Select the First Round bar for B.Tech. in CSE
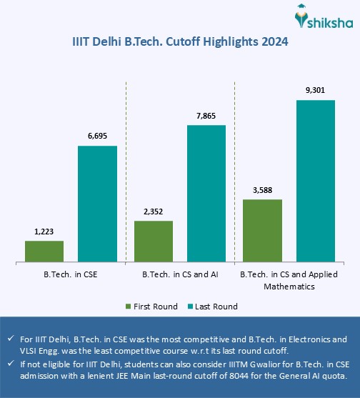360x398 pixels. [x=44, y=251]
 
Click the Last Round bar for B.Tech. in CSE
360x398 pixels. [x=97, y=203]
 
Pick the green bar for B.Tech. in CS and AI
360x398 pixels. [x=154, y=241]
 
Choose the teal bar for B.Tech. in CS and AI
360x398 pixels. [x=206, y=193]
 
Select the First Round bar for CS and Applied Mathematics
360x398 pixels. [x=263, y=230]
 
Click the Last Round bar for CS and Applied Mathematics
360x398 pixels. [x=316, y=180]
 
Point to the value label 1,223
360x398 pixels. [x=44, y=232]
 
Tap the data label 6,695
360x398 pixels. [x=97, y=136]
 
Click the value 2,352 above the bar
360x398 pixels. [x=154, y=211]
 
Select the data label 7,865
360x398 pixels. [x=206, y=115]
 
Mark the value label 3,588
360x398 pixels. [x=263, y=190]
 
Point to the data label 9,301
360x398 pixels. [x=316, y=90]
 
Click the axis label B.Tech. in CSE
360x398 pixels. [x=70, y=274]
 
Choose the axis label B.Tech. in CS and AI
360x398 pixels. [x=180, y=274]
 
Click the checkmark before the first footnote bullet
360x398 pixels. [x=11, y=339]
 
